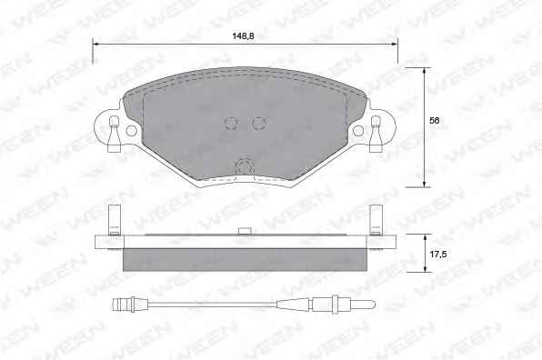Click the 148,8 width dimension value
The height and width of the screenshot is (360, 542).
coord(244,35)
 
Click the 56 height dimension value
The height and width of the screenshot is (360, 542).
coord(435,121)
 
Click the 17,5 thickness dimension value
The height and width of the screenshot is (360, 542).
coord(438,255)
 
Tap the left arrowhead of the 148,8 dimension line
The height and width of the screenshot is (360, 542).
coord(95,44)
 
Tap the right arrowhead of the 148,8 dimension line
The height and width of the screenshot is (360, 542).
coord(394,44)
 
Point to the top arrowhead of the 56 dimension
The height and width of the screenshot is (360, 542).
coord(425,71)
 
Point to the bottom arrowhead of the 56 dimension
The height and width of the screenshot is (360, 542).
coord(425,184)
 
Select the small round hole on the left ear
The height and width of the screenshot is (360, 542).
coord(131,131)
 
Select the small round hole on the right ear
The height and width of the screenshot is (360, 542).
coord(358,131)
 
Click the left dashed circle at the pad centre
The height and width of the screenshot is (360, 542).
coord(231,123)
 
